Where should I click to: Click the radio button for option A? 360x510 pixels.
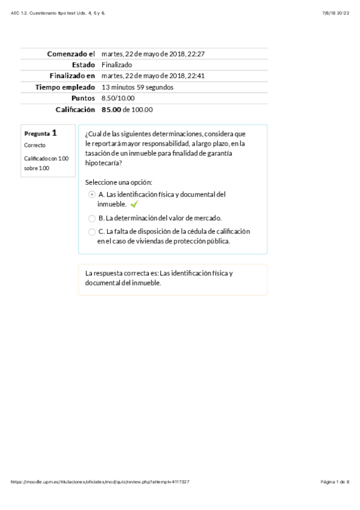(x=91, y=194)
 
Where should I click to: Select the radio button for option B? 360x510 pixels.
(x=91, y=218)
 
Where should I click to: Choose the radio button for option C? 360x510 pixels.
(x=91, y=232)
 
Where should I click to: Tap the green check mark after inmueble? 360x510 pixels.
(x=134, y=204)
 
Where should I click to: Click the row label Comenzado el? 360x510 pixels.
(x=71, y=54)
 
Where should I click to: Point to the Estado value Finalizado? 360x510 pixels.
(x=117, y=65)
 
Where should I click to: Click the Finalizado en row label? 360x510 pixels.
(x=72, y=76)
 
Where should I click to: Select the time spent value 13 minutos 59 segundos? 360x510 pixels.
(x=138, y=87)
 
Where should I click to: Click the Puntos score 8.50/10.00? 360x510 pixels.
(x=118, y=98)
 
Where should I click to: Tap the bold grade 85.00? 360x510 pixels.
(x=111, y=109)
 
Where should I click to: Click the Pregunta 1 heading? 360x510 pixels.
(x=41, y=134)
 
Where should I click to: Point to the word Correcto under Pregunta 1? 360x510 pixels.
(x=35, y=146)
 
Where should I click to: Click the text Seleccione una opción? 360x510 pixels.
(x=118, y=182)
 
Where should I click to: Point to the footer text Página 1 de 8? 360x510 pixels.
(x=335, y=482)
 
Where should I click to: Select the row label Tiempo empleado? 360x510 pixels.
(x=65, y=87)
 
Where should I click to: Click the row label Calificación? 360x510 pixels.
(x=75, y=109)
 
